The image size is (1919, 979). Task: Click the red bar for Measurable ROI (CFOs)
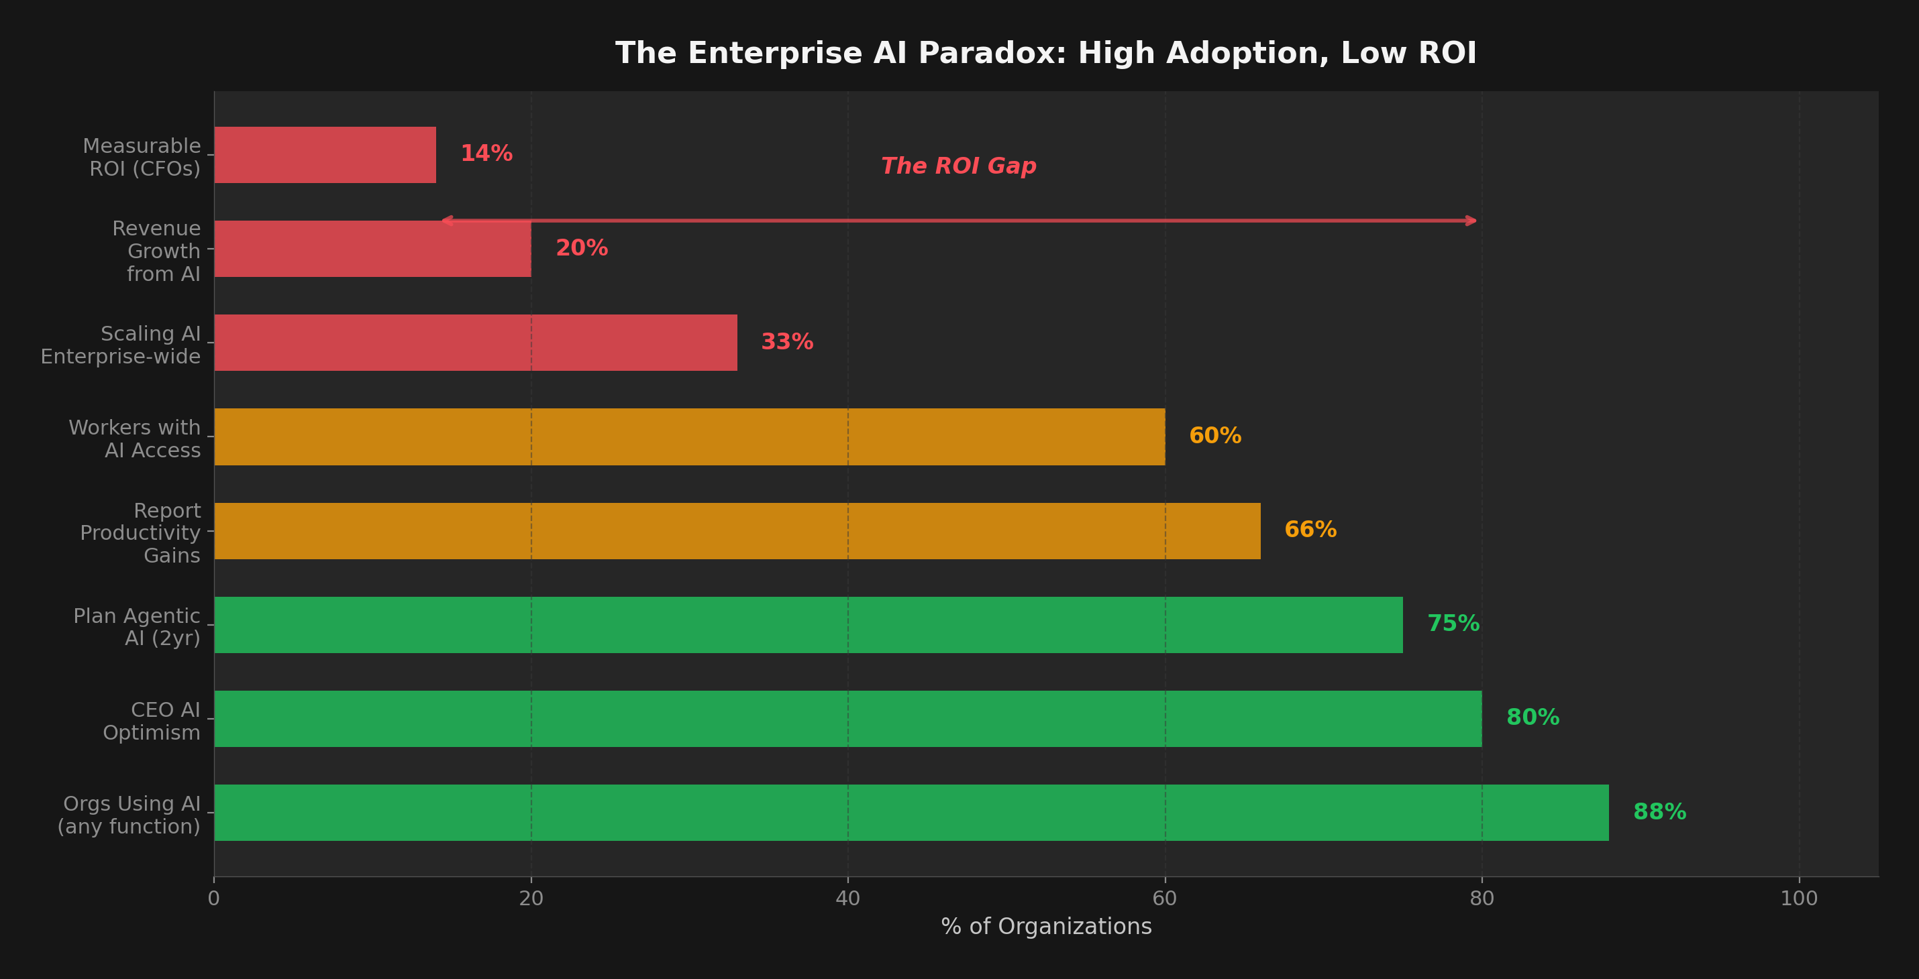tap(325, 155)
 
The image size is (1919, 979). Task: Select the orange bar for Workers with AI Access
tap(689, 437)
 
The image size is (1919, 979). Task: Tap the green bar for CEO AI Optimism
tap(847, 718)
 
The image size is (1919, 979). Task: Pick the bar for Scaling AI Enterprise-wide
tap(475, 343)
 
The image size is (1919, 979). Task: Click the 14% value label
tap(486, 154)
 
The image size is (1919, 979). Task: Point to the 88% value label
tap(1659, 811)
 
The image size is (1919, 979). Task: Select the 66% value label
tap(1310, 529)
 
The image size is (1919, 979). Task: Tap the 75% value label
tap(1453, 623)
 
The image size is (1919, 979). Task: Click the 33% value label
tap(786, 342)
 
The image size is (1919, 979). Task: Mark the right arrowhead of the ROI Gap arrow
tap(1472, 221)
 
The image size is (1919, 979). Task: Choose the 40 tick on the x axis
tap(847, 898)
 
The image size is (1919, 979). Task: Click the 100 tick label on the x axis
tap(1799, 898)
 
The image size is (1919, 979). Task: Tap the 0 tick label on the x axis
tap(214, 898)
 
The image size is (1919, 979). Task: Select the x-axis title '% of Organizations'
tap(1046, 926)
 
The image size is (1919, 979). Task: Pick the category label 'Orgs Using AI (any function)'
tap(129, 815)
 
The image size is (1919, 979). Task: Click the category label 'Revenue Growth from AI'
tap(156, 251)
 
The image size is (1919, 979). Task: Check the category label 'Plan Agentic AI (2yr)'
tap(137, 627)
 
